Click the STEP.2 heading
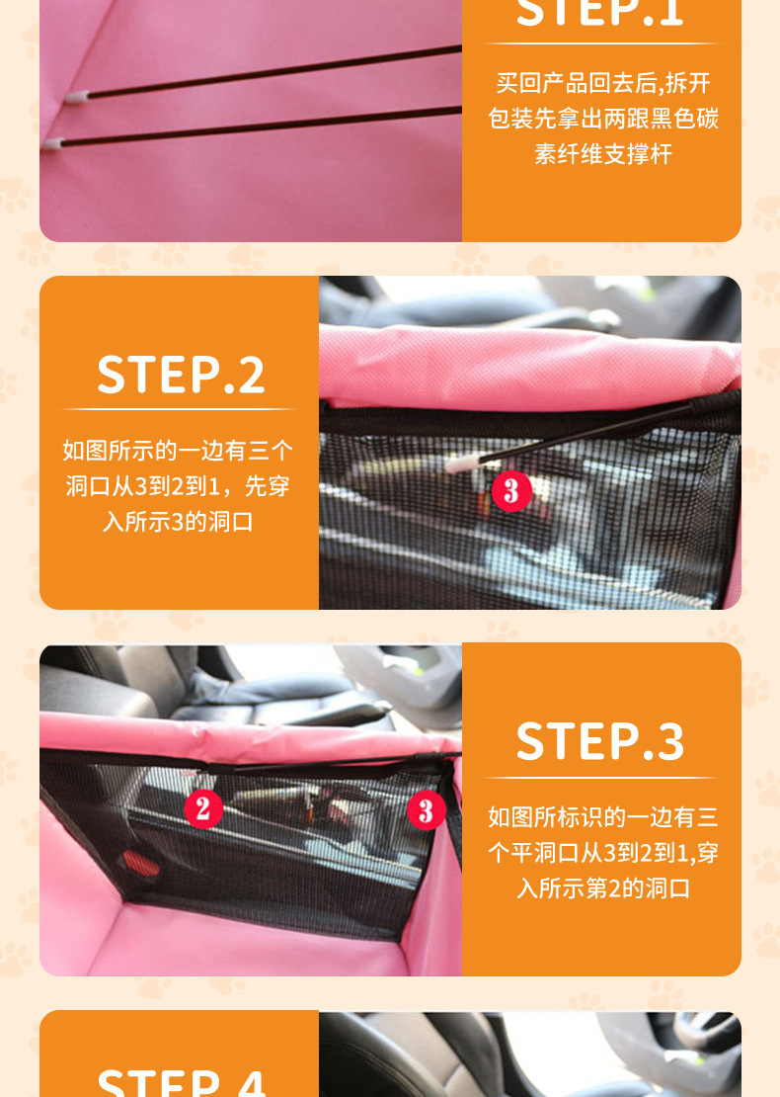180,375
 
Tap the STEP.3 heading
600,742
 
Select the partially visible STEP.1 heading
600,14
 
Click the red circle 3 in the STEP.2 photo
511,491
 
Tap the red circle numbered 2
203,809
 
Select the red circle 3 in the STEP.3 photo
427,811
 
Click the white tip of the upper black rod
79,98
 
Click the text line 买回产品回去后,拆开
602,83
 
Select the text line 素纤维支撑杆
602,154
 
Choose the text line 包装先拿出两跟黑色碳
602,119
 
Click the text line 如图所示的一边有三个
179,451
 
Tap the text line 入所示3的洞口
179,522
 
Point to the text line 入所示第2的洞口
602,887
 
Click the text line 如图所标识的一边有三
602,816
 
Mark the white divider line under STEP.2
179,409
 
